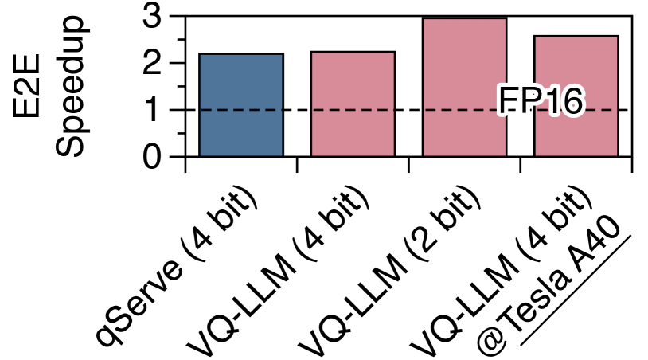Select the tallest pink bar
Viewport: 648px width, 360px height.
[x=464, y=64]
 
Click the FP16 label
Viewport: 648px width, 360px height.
[x=541, y=102]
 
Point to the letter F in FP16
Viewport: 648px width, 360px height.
[x=509, y=102]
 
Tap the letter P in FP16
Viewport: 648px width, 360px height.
[x=529, y=102]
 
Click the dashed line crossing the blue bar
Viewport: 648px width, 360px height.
[x=240, y=109]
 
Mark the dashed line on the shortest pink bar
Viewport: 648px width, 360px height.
[x=353, y=109]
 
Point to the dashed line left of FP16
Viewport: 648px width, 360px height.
[x=462, y=109]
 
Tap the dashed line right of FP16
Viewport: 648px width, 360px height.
[x=599, y=109]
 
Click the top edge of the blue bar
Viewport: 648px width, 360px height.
[x=240, y=55]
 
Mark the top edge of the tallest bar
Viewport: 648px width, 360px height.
[x=464, y=19]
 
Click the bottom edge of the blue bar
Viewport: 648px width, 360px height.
[x=240, y=155]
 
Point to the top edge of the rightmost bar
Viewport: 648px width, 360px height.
[x=576, y=37]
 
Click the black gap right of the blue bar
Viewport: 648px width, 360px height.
[x=297, y=104]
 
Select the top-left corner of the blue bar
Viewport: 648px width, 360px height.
[x=201, y=55]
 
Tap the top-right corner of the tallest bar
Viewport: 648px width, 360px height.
[x=505, y=19]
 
